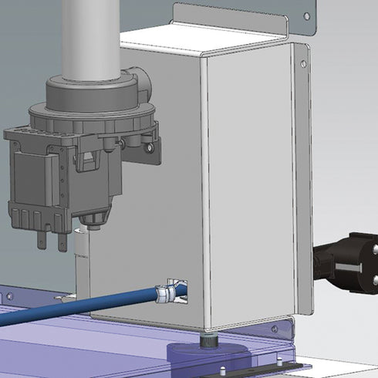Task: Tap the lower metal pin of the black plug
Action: (375, 281)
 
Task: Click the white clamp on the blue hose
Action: (164, 293)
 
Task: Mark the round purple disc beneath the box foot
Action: (208, 355)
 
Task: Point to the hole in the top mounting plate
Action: (306, 15)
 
